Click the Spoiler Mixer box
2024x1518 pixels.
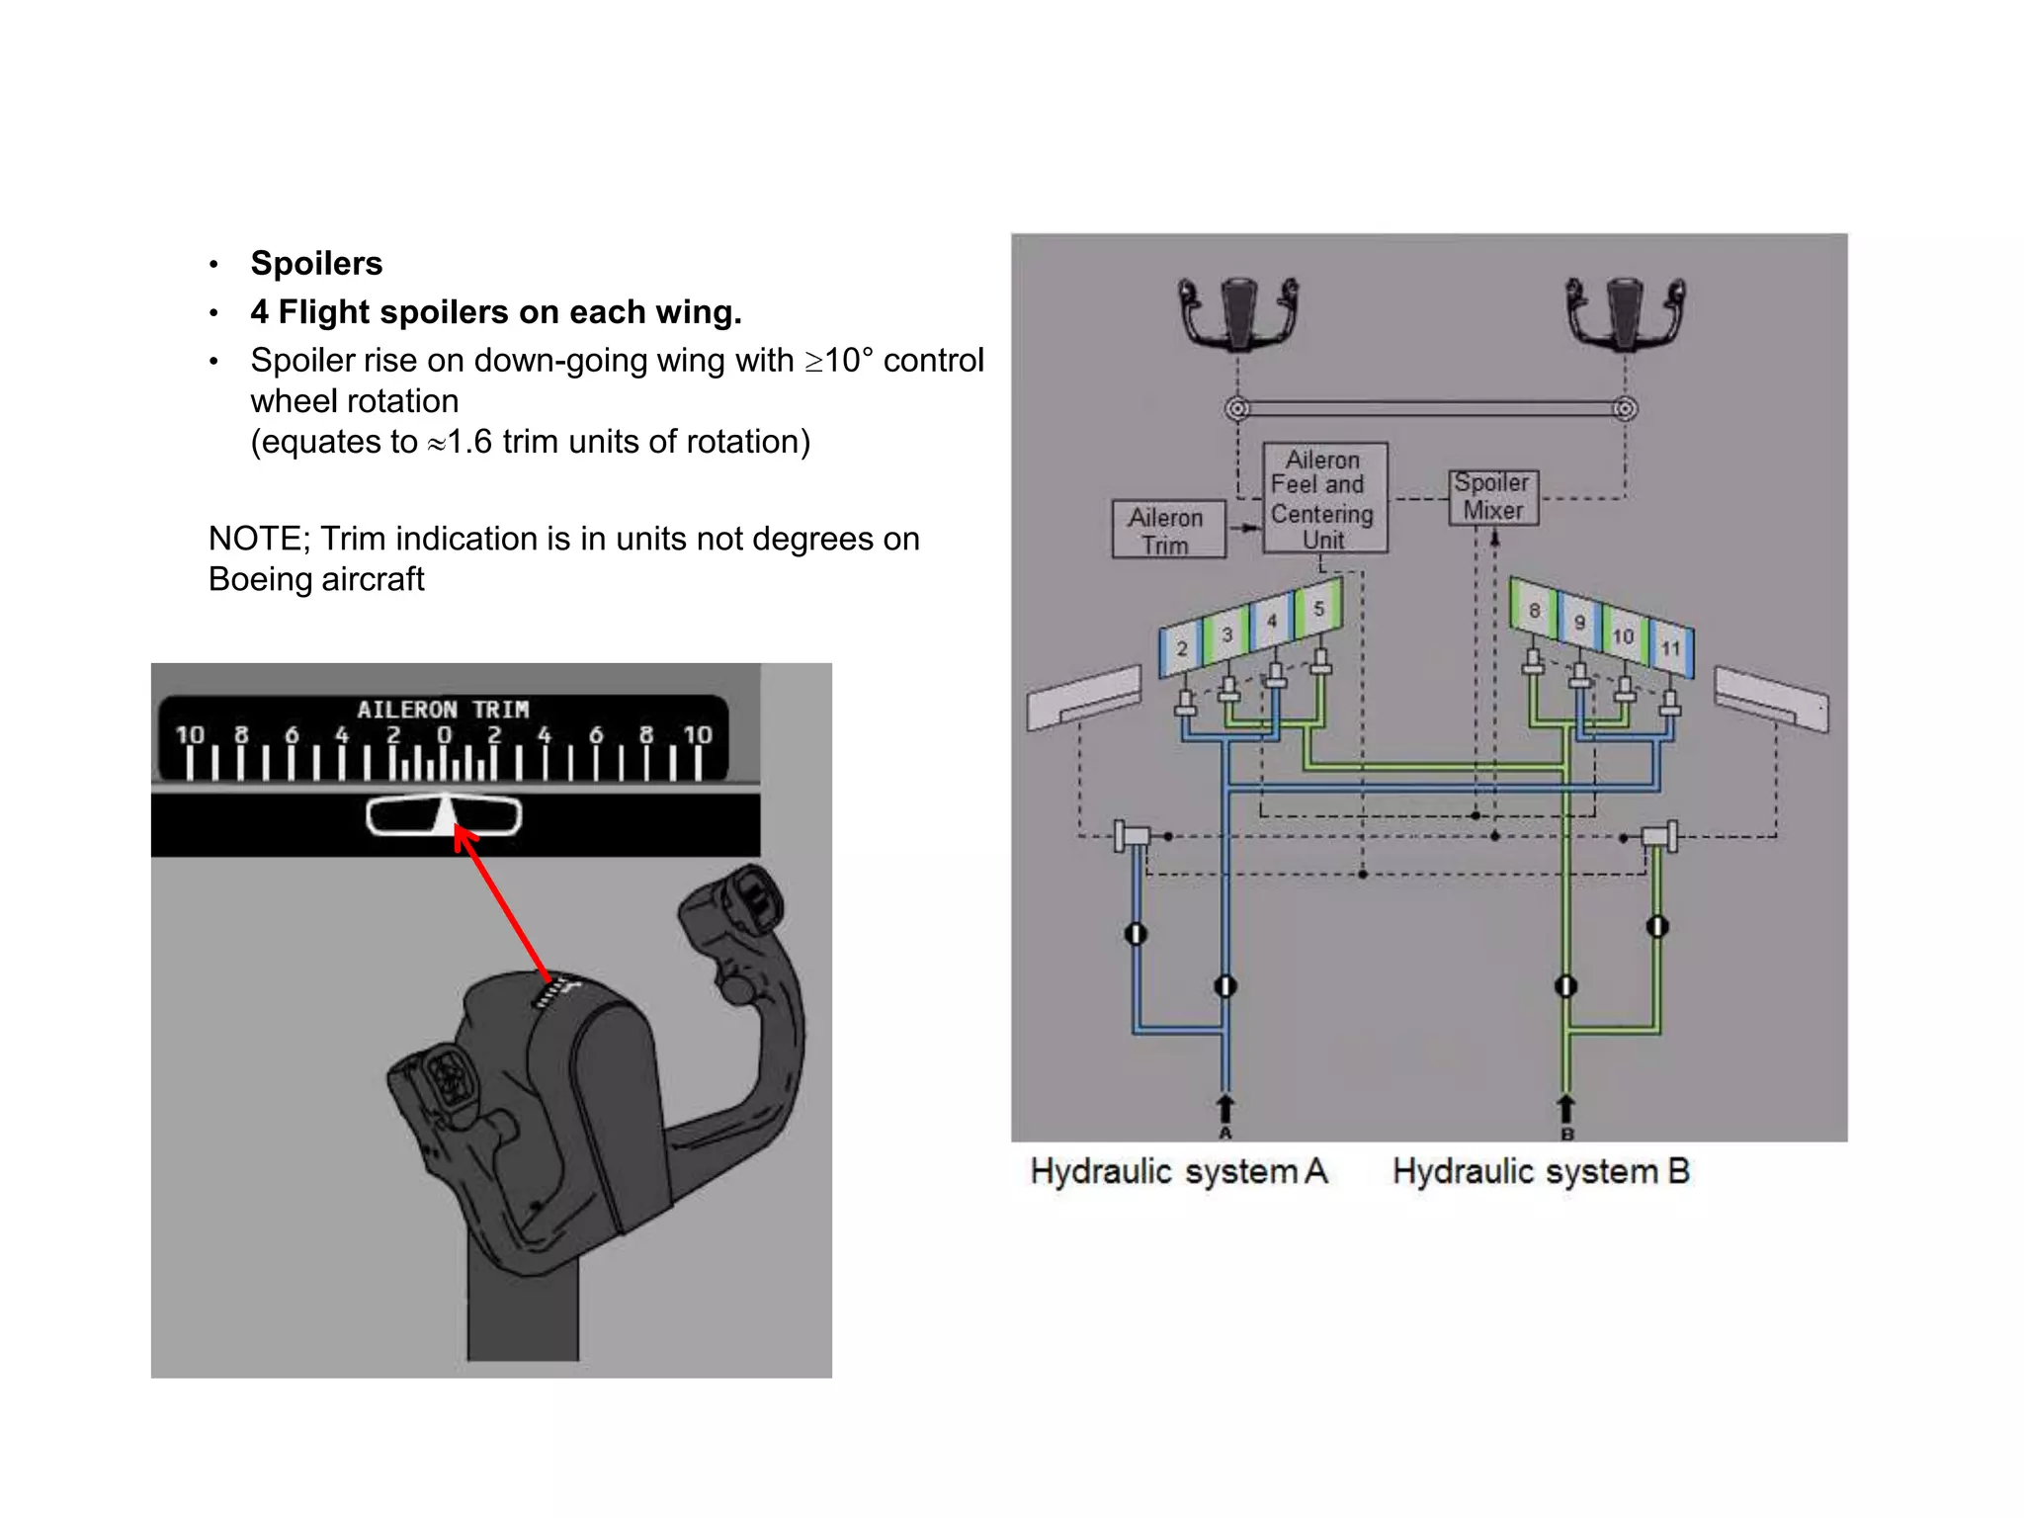click(1492, 497)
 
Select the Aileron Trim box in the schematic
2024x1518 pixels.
click(1167, 531)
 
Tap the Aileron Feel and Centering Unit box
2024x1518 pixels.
click(1324, 498)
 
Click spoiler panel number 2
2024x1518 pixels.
click(1182, 648)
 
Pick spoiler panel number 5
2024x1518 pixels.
click(1318, 609)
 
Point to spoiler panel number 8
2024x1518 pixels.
click(1534, 611)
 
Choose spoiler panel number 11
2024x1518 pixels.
click(1670, 648)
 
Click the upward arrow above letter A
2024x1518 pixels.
click(1225, 1107)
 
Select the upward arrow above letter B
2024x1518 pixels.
click(1566, 1107)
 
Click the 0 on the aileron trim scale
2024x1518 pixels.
click(444, 735)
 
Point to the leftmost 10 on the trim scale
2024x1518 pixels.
click(190, 735)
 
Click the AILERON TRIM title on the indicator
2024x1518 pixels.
click(443, 710)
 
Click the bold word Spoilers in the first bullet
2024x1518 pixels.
click(316, 264)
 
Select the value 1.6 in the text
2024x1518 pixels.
click(469, 442)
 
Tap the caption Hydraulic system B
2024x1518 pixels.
click(1540, 1172)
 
